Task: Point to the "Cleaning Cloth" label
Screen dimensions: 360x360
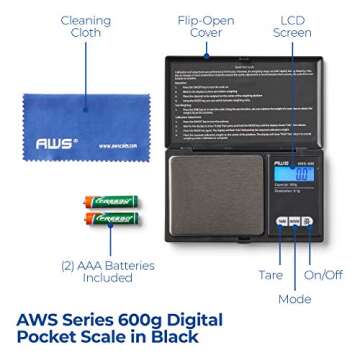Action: pos(58,30)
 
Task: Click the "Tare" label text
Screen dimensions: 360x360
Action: pos(271,273)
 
